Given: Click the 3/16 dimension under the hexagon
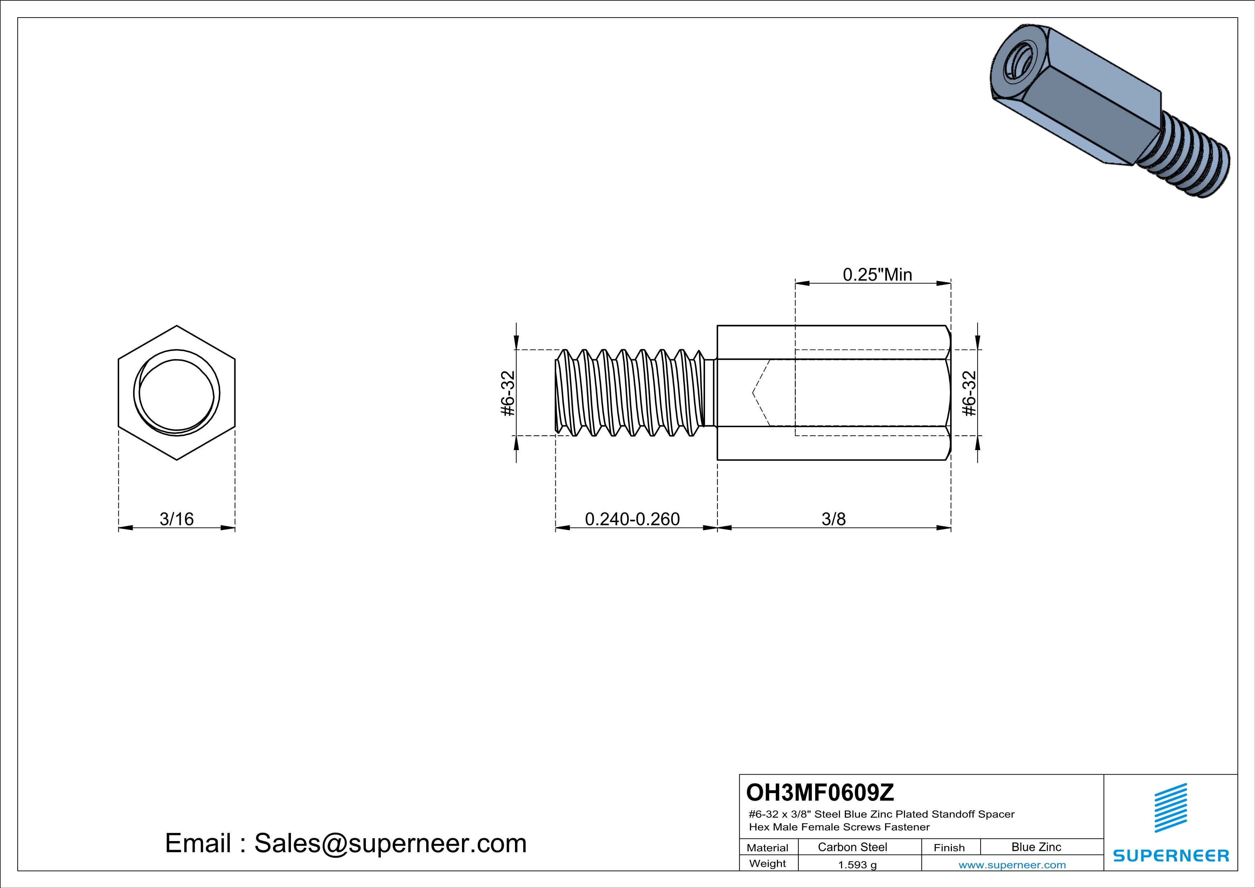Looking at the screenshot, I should [x=176, y=518].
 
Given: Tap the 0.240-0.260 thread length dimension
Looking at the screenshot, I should [x=632, y=518].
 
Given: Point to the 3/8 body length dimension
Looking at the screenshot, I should [x=833, y=518].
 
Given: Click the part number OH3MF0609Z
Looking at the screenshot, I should [x=820, y=792].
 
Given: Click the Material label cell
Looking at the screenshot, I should [x=768, y=848].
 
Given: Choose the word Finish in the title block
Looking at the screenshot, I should [x=949, y=848].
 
